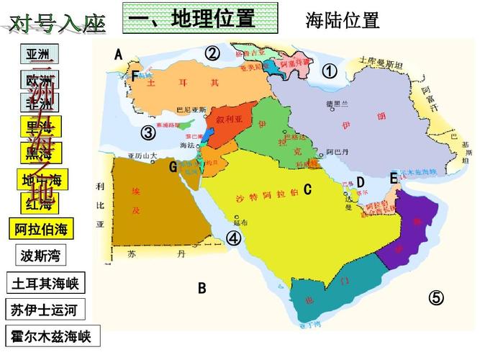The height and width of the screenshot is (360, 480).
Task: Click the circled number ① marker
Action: point(329,71)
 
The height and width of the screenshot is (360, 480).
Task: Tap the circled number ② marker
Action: point(212,53)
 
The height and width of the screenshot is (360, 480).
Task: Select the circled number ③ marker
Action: point(148,133)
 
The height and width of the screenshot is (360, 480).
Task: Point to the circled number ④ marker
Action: point(234,238)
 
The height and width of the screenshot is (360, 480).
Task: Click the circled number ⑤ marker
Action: point(436,297)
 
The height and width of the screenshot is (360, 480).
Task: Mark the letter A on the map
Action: point(118,54)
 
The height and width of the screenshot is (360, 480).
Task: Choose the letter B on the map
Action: point(202,288)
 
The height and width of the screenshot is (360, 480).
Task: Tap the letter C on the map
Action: point(307,190)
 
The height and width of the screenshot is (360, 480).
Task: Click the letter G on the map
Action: point(173,167)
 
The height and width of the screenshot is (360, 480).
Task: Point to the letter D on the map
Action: point(361,182)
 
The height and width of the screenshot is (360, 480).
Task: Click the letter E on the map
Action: point(394,178)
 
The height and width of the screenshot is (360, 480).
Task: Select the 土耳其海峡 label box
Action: point(45,282)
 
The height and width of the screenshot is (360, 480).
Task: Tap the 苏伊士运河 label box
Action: point(45,310)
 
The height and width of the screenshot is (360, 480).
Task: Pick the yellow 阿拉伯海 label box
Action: point(41,229)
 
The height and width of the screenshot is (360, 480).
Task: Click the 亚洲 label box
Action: point(40,55)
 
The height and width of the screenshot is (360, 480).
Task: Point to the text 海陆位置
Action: point(342,20)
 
